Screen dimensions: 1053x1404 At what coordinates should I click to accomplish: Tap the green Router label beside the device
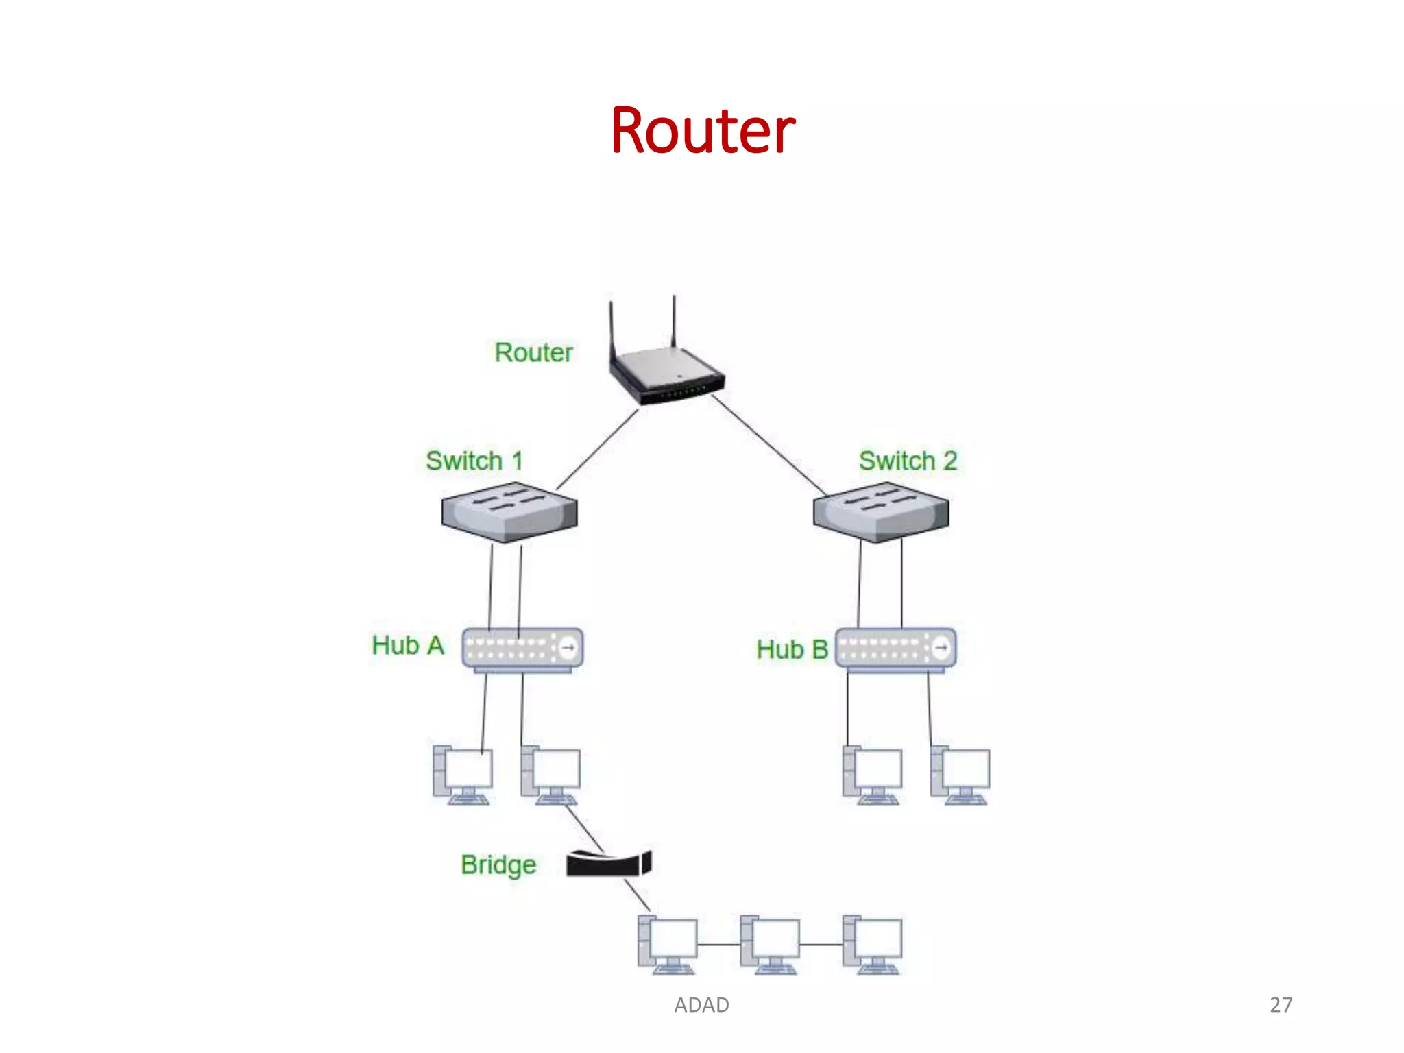click(533, 352)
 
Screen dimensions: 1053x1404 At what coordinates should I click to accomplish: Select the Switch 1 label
click(474, 461)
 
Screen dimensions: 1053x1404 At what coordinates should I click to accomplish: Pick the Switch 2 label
click(908, 461)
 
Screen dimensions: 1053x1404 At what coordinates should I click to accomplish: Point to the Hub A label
click(407, 645)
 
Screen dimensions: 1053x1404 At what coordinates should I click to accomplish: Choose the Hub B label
click(792, 649)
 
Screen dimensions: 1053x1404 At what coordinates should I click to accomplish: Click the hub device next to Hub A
click(522, 649)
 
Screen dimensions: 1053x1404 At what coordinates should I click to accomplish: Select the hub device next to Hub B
click(895, 649)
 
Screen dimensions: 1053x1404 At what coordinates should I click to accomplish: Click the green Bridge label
click(498, 864)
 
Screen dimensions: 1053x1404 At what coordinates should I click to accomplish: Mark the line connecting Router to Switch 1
click(597, 449)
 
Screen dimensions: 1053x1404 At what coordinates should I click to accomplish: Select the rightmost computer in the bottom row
click(872, 944)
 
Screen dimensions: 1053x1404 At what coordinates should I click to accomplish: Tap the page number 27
click(1281, 1004)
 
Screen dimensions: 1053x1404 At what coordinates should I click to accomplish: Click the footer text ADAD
click(701, 1004)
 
